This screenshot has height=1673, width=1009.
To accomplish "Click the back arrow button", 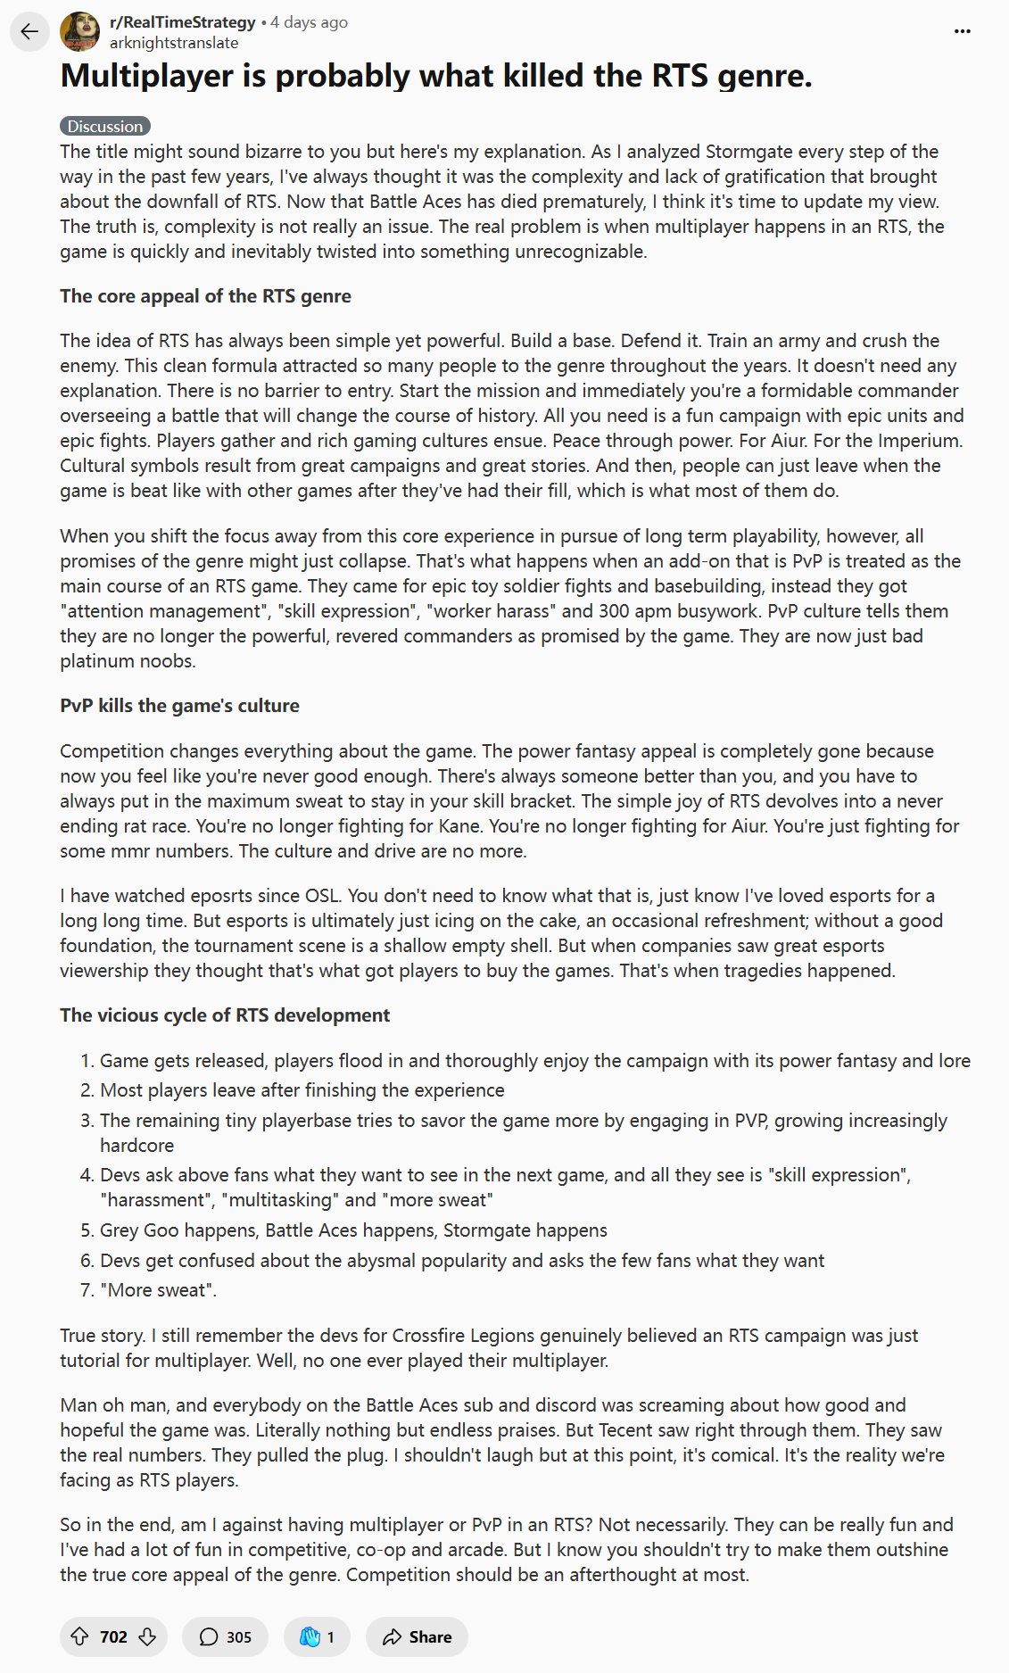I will click(x=29, y=32).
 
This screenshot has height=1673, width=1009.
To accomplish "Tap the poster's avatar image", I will click(x=79, y=32).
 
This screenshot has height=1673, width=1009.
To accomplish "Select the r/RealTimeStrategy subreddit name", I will click(x=182, y=22).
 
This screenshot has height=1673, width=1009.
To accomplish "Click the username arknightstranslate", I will click(x=174, y=43).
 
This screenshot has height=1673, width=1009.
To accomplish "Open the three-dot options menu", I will click(x=962, y=31).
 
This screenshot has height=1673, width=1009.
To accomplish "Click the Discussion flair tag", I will click(x=105, y=127).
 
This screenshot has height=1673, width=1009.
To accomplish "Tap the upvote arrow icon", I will click(x=79, y=1636).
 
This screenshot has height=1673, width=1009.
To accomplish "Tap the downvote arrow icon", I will click(x=148, y=1636).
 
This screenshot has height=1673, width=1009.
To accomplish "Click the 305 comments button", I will click(x=225, y=1636).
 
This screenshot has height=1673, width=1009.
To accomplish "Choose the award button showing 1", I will click(x=317, y=1636).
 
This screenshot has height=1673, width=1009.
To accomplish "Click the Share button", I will click(x=417, y=1636).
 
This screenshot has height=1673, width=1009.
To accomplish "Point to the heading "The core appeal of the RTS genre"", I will click(x=205, y=296).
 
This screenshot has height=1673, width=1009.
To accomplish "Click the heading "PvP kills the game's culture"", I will click(x=179, y=706).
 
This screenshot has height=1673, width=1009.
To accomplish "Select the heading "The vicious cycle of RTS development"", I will click(x=225, y=1015).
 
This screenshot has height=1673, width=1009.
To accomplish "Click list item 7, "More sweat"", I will click(x=158, y=1290).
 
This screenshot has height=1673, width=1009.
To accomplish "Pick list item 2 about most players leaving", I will click(x=302, y=1090).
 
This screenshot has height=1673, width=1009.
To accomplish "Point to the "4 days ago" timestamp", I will click(x=309, y=22).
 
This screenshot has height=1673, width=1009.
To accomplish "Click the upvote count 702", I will click(x=113, y=1636).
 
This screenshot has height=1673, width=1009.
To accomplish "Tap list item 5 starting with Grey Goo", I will click(x=353, y=1230).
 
